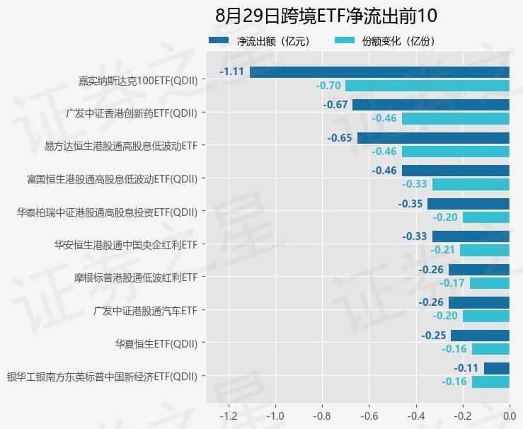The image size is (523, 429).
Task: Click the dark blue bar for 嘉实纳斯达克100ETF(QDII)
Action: (379, 71)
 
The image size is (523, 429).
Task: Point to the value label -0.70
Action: (328, 86)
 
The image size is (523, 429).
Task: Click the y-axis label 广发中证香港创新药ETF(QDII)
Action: (131, 112)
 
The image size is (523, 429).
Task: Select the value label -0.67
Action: (335, 105)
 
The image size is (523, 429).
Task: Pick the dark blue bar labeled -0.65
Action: (433, 137)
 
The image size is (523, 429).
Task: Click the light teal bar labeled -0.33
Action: (471, 184)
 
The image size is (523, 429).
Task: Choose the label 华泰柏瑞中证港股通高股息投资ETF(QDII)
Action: (107, 211)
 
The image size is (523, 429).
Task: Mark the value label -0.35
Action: (410, 204)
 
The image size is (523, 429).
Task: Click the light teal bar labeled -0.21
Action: (485, 250)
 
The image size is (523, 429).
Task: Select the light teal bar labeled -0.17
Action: (489, 283)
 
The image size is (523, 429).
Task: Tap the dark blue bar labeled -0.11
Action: (497, 368)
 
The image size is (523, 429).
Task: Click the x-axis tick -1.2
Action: (229, 416)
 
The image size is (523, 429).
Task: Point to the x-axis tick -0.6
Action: (369, 416)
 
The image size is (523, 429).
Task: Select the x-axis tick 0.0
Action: (510, 416)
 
